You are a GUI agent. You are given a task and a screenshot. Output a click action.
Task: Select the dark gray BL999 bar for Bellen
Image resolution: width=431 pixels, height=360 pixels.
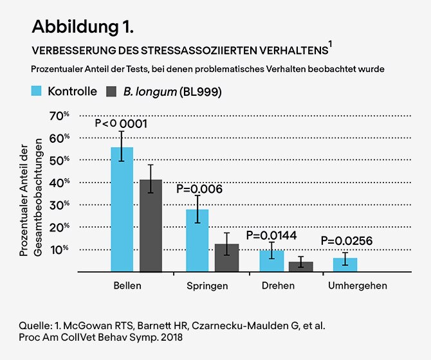[151, 226]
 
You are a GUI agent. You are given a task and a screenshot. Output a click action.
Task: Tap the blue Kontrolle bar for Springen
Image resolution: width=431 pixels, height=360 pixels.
[197, 240]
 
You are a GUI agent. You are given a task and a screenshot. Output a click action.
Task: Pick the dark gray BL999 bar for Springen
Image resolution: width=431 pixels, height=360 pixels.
[226, 258]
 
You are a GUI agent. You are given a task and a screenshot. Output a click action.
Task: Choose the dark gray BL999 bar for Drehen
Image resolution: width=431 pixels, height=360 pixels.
[300, 266]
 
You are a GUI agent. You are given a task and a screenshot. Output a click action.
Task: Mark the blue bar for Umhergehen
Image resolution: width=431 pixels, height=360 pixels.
[345, 265]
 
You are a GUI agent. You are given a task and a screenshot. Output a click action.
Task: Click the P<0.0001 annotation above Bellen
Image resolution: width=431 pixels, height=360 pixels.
[121, 123]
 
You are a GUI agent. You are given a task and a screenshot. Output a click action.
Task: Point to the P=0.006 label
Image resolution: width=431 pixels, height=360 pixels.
[199, 189]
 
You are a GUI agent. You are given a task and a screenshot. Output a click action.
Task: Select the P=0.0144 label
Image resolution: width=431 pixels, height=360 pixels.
[271, 235]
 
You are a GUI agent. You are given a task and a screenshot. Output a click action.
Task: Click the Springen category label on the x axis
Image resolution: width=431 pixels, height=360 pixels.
[207, 285]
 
